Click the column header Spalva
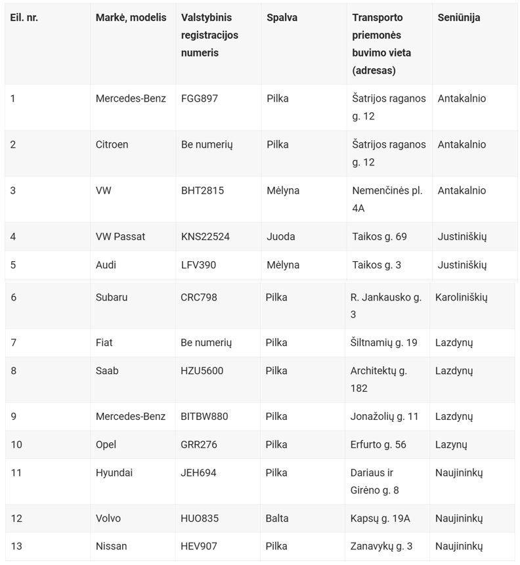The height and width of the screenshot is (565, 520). tap(282, 18)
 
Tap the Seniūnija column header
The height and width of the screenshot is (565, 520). tap(458, 18)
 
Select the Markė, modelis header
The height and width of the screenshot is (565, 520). tap(131, 18)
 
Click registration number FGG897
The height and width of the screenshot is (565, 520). tap(199, 98)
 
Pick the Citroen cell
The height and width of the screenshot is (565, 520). tap(112, 144)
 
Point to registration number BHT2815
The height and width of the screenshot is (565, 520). tap(202, 190)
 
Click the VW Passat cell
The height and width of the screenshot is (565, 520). tap(120, 236)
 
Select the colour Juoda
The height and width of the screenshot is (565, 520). tap(281, 236)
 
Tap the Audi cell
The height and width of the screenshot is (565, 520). tap(107, 264)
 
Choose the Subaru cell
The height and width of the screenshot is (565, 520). tap(112, 297)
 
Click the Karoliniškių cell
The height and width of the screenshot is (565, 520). tap(461, 297)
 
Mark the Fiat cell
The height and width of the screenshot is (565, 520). tap(105, 343)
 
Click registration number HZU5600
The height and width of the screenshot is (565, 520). tap(202, 371)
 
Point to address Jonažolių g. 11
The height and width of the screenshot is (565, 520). tap(384, 416)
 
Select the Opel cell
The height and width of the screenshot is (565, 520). tap(106, 444)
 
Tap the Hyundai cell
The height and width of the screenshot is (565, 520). tap(114, 472)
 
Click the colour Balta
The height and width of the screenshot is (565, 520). tap(277, 518)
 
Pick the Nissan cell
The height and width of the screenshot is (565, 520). tap(112, 546)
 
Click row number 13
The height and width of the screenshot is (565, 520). tap(16, 546)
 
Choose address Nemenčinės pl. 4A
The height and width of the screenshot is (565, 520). tap(387, 199)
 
